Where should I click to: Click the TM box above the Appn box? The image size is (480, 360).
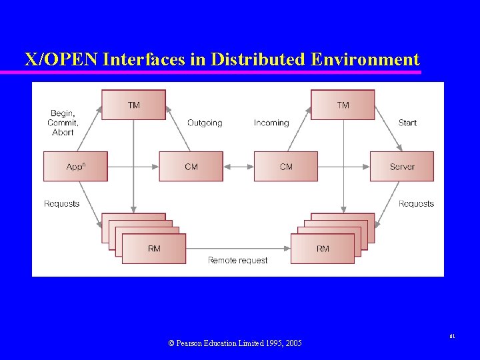pos(133,105)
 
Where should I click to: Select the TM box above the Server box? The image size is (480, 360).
pos(343,105)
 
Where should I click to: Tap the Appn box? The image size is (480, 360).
pos(75,167)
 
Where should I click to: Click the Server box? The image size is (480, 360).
pos(401,167)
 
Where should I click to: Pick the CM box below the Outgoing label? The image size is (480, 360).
pos(191,167)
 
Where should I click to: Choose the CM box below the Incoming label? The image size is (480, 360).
pos(285,167)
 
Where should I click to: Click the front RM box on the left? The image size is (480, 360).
pos(154,249)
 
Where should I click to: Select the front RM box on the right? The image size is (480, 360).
pos(323,249)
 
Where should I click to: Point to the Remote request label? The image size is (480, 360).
pos(238,260)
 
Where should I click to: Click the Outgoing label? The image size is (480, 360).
pos(205,123)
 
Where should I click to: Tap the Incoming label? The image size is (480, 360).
pos(271,123)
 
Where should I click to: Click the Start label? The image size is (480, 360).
pos(407,123)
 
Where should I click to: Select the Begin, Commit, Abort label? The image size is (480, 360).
pos(63,123)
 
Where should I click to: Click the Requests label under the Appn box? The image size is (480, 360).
pos(61,203)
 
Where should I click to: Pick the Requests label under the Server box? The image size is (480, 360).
pos(416,203)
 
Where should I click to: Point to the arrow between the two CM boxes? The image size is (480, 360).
pos(238,167)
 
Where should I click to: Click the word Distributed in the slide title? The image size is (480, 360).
pos(258,59)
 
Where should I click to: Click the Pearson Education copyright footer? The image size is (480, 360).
pos(235,343)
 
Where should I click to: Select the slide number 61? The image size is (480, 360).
pos(452,337)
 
